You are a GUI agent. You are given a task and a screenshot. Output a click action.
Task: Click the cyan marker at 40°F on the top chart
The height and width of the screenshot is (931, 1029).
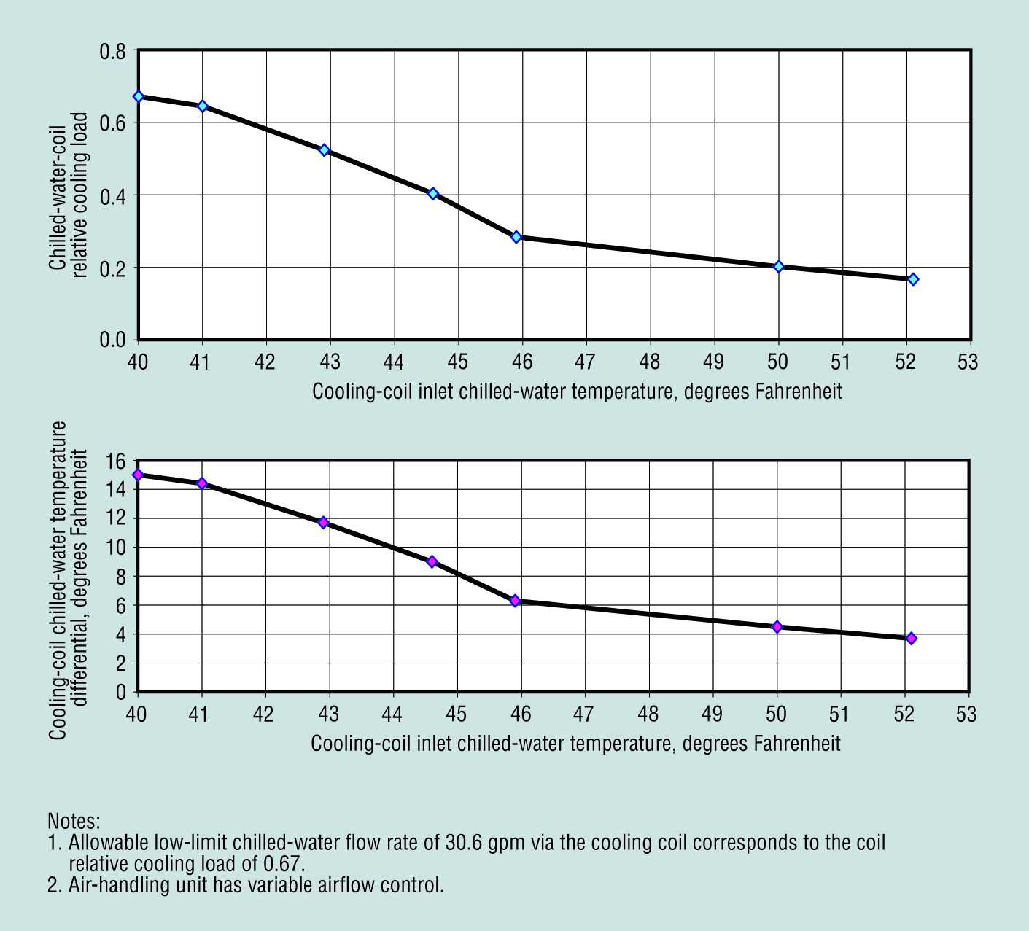(x=139, y=96)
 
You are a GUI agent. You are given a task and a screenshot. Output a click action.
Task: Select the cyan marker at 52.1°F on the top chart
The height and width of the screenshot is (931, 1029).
(x=913, y=279)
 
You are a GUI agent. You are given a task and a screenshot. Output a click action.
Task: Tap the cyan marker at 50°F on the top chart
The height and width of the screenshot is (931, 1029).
(x=779, y=267)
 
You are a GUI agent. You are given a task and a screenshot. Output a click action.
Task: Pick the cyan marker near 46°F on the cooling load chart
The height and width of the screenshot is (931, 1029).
(x=516, y=237)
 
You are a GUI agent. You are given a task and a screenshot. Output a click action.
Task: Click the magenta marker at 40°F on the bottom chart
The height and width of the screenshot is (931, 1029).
(x=138, y=475)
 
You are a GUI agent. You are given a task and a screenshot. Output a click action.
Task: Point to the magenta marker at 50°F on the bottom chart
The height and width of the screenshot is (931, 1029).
(x=777, y=627)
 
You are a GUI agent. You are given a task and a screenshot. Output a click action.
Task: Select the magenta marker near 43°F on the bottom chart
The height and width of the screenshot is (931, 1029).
(x=324, y=523)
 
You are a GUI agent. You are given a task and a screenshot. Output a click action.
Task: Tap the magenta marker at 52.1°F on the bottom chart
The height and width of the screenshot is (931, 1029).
(x=912, y=639)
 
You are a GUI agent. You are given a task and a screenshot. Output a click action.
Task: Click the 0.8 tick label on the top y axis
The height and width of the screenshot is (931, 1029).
(x=112, y=52)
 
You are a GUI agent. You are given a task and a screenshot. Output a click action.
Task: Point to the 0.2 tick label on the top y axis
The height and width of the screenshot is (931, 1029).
(x=112, y=268)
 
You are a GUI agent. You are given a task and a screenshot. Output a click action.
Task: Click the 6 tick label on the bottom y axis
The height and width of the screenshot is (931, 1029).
(x=120, y=606)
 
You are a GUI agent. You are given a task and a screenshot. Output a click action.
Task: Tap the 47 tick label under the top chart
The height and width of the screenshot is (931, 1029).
(x=586, y=362)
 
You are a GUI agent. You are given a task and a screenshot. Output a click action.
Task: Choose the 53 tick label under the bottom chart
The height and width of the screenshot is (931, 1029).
(x=967, y=714)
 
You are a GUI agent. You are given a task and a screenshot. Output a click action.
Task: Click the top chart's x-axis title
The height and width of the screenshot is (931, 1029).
(x=577, y=392)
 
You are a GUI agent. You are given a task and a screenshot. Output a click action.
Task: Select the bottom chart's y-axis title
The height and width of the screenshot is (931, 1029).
(x=69, y=580)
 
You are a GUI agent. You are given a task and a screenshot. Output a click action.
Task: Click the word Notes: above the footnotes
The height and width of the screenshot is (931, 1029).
(x=74, y=821)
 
